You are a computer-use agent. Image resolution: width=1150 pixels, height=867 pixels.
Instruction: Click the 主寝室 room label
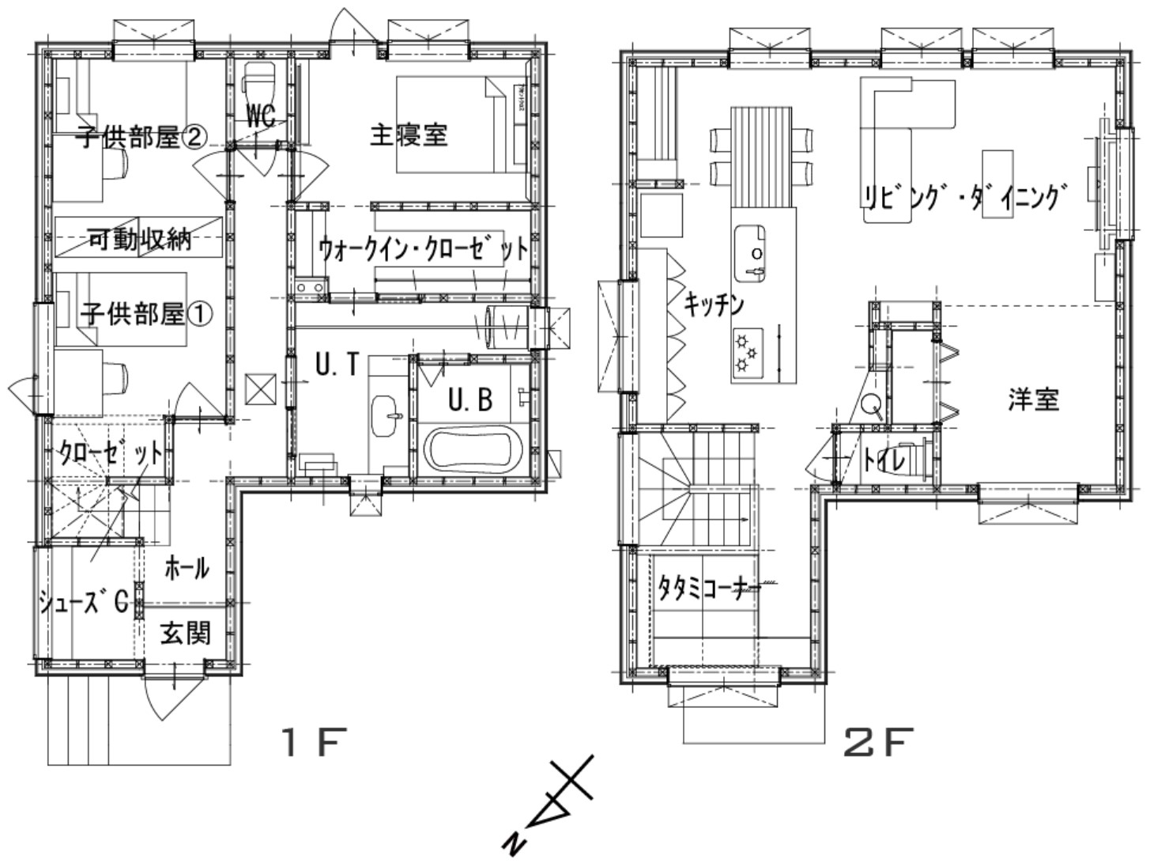(409, 135)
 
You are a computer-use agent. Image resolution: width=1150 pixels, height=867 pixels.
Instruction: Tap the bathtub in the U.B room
(471, 449)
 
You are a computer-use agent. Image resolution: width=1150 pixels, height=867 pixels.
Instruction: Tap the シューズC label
(84, 603)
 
